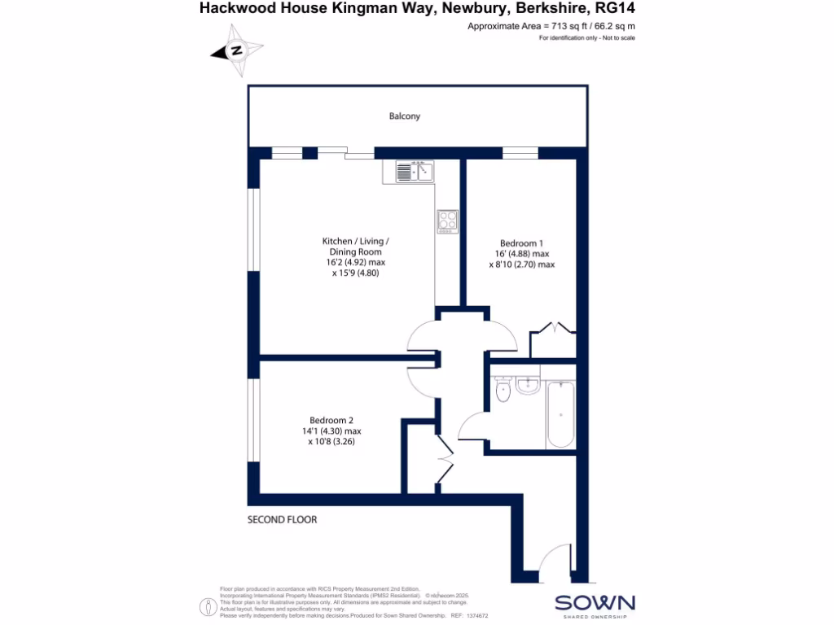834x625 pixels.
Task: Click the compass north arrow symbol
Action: [x=236, y=50]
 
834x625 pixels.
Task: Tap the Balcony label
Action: [x=405, y=116]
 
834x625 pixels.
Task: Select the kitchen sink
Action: [x=415, y=171]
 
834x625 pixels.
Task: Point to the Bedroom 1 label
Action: [x=521, y=243]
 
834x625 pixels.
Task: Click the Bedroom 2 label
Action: [x=331, y=421]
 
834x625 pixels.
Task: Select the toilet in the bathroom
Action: [x=503, y=391]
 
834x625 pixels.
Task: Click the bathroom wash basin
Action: [x=527, y=385]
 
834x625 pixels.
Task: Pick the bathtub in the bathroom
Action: [x=560, y=414]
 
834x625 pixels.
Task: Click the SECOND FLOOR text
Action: [x=282, y=519]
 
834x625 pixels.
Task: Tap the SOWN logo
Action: [x=595, y=604]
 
